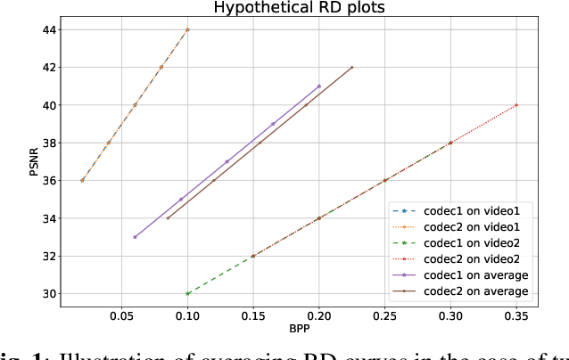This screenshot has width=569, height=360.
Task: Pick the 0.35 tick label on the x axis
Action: click(x=516, y=315)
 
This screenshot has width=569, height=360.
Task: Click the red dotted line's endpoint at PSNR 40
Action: click(x=516, y=105)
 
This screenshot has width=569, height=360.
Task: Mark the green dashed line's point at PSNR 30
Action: click(x=187, y=293)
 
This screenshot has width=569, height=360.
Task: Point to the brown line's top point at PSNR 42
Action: click(x=352, y=67)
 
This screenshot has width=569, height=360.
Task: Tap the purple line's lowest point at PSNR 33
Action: click(x=135, y=237)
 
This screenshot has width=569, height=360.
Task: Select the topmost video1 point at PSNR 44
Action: click(x=187, y=29)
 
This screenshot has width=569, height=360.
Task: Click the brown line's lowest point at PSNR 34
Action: click(x=168, y=218)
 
